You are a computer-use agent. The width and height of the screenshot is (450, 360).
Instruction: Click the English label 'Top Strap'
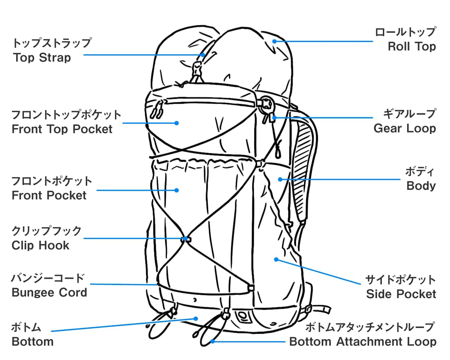(42, 58)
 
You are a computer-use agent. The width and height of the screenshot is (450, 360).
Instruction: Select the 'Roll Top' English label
(412, 46)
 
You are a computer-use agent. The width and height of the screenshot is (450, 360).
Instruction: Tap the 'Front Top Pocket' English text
(62, 129)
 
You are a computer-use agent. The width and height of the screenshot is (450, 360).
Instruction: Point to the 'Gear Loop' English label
(405, 128)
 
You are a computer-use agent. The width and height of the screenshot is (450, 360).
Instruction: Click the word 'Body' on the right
(421, 186)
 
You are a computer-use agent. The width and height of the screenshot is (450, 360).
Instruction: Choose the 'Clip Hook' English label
(40, 245)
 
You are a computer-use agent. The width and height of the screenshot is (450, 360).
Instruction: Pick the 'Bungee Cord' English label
(49, 292)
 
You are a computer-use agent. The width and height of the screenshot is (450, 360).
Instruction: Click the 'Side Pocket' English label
(401, 294)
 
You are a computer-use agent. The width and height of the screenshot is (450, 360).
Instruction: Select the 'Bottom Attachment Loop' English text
(362, 342)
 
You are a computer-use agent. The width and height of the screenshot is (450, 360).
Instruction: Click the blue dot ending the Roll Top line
(274, 41)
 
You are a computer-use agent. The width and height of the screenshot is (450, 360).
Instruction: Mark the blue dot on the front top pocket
(177, 123)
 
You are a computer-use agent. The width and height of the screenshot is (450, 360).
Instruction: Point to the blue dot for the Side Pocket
(276, 259)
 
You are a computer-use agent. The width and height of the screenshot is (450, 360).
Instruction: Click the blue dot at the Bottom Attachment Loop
(213, 341)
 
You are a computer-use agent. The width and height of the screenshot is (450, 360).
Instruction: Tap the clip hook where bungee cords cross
(186, 239)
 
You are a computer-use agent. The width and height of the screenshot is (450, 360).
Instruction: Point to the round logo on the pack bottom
(242, 316)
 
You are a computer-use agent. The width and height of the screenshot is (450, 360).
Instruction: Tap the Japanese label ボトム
(26, 327)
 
